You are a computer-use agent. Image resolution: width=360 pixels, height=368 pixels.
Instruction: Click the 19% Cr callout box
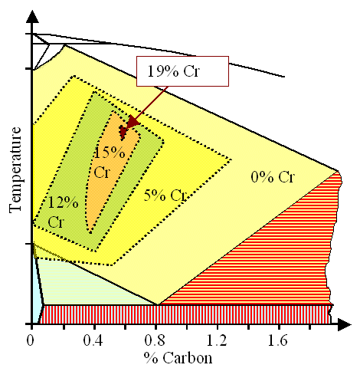182,71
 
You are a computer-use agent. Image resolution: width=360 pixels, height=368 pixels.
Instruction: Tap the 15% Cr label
103,162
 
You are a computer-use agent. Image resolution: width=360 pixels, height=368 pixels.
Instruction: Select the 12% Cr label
61,212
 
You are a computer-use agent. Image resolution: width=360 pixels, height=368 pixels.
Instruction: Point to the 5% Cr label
165,195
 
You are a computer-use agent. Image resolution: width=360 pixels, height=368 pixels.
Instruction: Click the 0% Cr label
272,178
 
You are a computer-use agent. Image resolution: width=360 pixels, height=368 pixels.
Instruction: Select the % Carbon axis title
178,357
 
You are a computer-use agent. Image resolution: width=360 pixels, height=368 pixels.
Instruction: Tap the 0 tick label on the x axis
31,337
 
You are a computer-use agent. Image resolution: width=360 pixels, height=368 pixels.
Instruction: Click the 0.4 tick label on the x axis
95,337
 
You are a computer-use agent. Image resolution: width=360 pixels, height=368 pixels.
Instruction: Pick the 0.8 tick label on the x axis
158,337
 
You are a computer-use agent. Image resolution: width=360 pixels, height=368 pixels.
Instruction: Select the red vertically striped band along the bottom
184,314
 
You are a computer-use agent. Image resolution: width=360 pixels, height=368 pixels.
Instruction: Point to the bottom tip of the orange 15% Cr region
90,231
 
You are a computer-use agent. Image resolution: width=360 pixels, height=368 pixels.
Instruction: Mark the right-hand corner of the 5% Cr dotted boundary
231,160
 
